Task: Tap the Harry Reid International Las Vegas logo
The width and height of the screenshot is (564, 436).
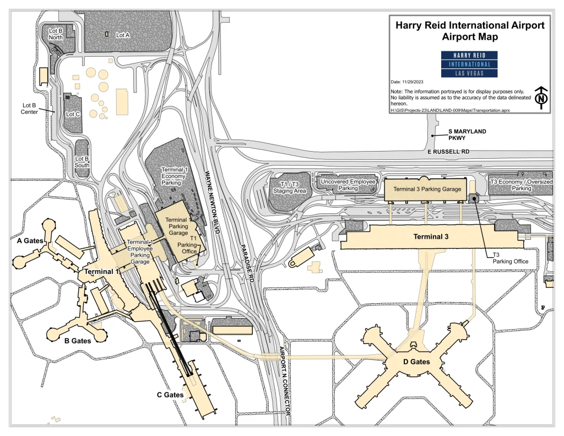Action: click(470, 64)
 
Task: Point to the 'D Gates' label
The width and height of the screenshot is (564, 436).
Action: click(415, 362)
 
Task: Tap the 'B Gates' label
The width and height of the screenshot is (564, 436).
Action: click(78, 341)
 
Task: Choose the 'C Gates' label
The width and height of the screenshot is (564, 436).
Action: click(170, 395)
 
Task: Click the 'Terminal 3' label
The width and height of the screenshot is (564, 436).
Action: click(432, 237)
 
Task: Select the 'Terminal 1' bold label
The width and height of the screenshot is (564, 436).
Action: click(102, 272)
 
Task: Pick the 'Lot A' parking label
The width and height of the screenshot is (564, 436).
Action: click(122, 34)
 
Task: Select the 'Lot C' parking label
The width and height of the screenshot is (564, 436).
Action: click(73, 114)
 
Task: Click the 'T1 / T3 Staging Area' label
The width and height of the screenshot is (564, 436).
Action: click(289, 187)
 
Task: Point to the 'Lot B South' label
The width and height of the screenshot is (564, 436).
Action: click(82, 162)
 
